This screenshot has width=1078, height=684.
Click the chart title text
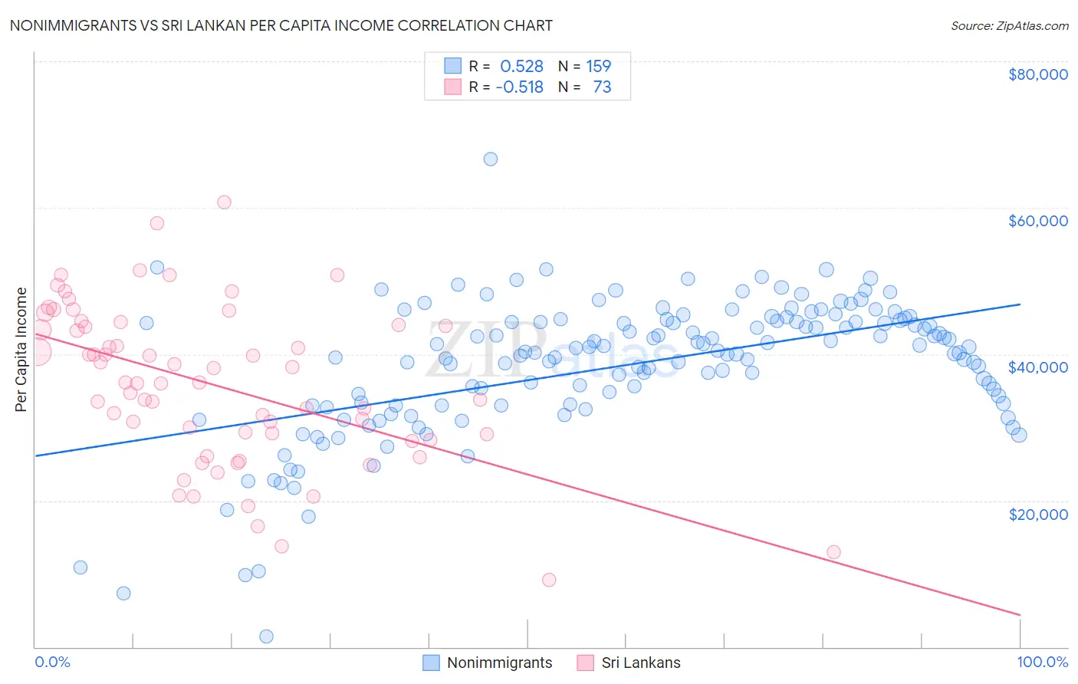pos(281,25)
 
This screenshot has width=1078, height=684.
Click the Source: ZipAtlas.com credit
pos(1009,26)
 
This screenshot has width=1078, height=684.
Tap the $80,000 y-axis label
pos(1037,74)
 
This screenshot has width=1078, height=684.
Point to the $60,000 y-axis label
pos(1037,221)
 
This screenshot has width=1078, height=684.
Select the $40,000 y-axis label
pos(1037,367)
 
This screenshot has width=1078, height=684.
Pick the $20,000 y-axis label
pos(1037,514)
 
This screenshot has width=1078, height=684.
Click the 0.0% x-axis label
pos(52,662)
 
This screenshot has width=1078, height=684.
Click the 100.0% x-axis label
pos(1042,662)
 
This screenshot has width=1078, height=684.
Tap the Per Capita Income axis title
pos(21,350)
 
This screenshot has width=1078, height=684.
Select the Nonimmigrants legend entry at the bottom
pos(487,663)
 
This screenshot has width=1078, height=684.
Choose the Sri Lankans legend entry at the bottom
pos(628,663)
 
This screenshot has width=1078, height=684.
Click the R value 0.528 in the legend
pos(521,67)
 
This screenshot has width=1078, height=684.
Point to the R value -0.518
pos(519,87)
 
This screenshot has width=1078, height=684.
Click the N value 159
pos(599,67)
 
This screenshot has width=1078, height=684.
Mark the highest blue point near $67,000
pos(491,159)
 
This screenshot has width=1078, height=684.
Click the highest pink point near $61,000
pos(224,202)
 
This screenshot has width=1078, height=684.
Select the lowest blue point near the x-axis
pos(267,636)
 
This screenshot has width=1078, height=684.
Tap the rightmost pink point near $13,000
pos(833,552)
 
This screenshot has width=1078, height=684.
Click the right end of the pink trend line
pos(1020,615)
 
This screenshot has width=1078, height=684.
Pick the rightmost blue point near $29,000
pos(1019,435)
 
